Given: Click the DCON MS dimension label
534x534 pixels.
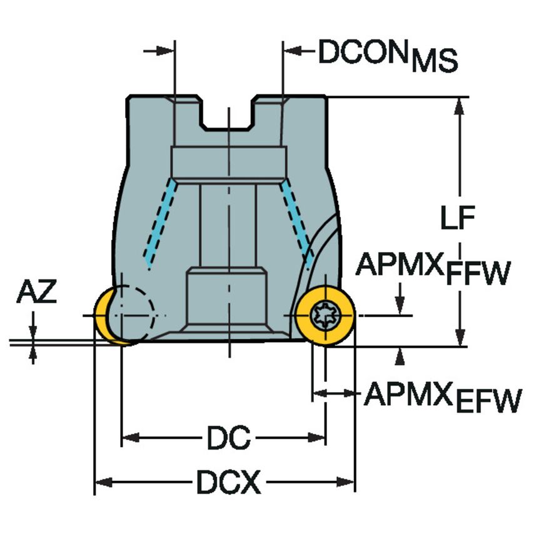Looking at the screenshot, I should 388,55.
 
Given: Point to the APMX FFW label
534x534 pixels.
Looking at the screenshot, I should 431,269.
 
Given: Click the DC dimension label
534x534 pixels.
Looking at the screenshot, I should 228,438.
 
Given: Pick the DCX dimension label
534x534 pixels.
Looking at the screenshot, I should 228,482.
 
